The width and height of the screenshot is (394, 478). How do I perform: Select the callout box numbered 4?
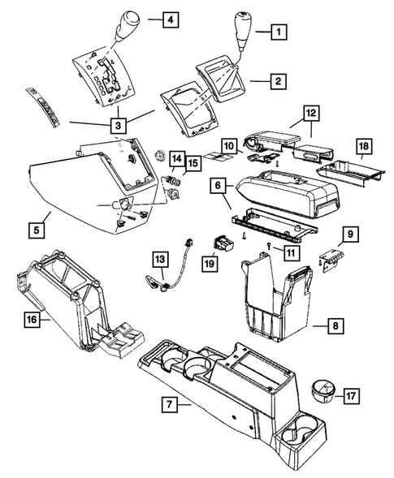tap(171, 17)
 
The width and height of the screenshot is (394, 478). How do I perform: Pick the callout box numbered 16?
tap(31, 321)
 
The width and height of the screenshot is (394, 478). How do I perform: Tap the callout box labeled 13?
tap(159, 260)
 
